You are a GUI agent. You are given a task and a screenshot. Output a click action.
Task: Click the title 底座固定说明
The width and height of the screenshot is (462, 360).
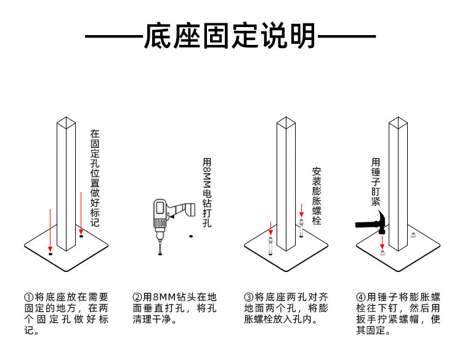[230, 36]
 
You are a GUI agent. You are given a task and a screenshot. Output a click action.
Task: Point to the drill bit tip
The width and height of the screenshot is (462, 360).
[160, 254]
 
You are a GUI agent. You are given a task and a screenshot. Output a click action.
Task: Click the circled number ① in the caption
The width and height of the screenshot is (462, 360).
[28, 297]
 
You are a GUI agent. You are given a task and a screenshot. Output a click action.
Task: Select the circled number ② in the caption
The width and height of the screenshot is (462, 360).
[137, 297]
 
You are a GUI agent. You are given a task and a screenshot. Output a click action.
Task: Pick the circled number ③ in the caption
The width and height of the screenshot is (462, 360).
[249, 297]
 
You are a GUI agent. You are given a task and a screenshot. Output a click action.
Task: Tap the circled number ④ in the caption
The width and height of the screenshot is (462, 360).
[360, 297]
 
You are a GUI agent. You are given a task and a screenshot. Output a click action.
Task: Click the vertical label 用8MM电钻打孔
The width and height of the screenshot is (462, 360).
[207, 193]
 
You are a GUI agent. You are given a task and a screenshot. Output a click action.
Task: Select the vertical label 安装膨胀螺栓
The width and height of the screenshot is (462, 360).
[317, 196]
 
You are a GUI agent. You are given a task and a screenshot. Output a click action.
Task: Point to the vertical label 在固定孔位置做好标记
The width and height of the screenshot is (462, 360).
[95, 178]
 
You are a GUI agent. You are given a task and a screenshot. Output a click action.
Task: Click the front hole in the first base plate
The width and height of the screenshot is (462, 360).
[51, 254]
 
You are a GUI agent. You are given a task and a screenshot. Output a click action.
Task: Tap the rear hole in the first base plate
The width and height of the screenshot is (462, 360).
[81, 236]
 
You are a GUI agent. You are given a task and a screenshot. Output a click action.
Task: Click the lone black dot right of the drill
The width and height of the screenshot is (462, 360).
[191, 236]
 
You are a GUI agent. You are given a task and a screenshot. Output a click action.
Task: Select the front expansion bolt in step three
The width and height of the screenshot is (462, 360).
[270, 246]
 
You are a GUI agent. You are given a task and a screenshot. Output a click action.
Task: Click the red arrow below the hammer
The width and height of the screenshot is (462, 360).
[382, 242]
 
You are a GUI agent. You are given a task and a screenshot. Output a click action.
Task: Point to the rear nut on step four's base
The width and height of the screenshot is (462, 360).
[413, 235]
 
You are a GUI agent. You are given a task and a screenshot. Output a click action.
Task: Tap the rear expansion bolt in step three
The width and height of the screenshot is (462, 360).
[301, 228]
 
